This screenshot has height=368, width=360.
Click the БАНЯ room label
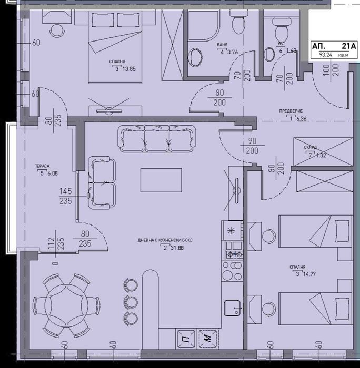pos(222,46)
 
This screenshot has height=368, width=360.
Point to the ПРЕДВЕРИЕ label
pos(292,111)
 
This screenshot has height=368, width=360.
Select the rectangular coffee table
pos(161,180)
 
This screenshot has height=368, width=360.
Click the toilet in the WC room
pos(278,23)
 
